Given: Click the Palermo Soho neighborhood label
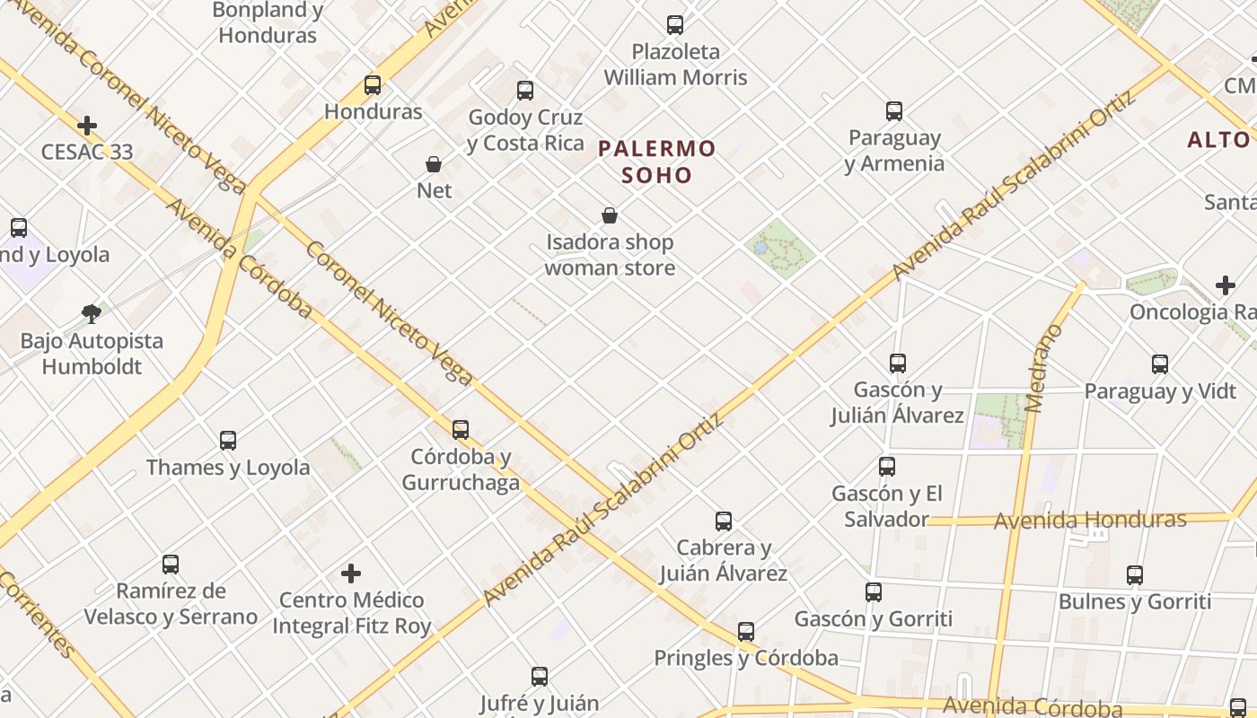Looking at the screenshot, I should tap(657, 162).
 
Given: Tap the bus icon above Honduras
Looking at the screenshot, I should tap(373, 86).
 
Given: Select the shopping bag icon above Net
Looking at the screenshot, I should tap(434, 164).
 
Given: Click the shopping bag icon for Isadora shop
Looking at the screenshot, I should tap(610, 215).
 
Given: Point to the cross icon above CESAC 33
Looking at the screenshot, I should tap(87, 126).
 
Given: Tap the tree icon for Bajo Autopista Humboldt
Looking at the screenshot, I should tap(91, 313).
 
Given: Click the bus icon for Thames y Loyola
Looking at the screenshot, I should tap(228, 441).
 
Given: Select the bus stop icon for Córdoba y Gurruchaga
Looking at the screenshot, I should tap(461, 430).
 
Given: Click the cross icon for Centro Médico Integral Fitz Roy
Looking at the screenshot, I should tap(351, 574).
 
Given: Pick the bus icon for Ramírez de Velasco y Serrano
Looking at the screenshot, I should tap(171, 565).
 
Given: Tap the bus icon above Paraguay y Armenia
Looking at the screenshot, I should tap(894, 111).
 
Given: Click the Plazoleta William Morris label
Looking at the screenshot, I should tap(675, 65).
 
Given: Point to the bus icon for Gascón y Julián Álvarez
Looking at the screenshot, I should tap(898, 363).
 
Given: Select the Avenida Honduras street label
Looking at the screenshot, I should tap(1090, 520).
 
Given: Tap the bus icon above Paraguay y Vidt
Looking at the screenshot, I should tap(1160, 364).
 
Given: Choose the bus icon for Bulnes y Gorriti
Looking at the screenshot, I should tap(1135, 575).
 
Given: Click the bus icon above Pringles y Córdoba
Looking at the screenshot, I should tap(746, 632).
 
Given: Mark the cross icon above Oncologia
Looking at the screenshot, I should tap(1226, 286).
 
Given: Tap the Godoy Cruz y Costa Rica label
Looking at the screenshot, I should tap(526, 130).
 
